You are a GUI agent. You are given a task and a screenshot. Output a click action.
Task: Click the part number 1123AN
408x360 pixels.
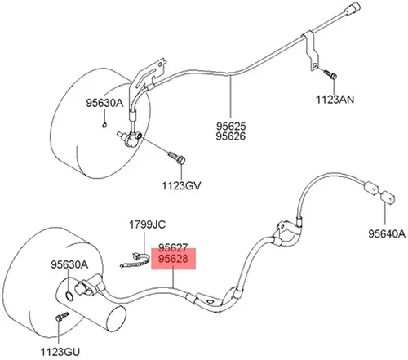pyautogui.click(x=335, y=100)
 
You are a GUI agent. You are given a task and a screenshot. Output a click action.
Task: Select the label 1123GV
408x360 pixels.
pyautogui.click(x=181, y=185)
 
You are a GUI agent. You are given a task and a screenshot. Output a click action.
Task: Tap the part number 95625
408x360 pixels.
pyautogui.click(x=231, y=127)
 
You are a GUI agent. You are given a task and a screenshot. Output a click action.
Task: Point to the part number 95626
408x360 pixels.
pyautogui.click(x=231, y=136)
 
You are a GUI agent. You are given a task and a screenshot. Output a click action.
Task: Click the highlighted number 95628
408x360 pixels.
pyautogui.click(x=173, y=259)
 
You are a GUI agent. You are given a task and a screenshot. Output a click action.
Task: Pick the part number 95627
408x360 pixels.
pyautogui.click(x=173, y=248)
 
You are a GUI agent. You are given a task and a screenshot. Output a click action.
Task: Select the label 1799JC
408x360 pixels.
pyautogui.click(x=147, y=224)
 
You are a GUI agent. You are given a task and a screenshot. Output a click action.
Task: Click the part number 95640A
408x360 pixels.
pyautogui.click(x=387, y=233)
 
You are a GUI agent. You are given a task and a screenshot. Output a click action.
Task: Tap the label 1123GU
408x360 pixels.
pyautogui.click(x=60, y=352)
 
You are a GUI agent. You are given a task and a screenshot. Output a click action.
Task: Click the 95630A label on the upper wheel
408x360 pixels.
pyautogui.click(x=104, y=103)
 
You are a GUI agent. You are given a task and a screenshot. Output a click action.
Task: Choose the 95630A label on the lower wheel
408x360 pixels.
pyautogui.click(x=69, y=264)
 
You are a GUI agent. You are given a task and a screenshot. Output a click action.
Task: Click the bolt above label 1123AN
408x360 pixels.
pyautogui.click(x=330, y=74)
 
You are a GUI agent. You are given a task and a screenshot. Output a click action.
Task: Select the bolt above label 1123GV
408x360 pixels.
pyautogui.click(x=176, y=158)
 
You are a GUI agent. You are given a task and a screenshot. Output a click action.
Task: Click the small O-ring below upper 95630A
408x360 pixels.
pyautogui.click(x=104, y=125)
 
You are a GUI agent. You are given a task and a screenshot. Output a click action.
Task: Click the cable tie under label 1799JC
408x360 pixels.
pyautogui.click(x=135, y=261)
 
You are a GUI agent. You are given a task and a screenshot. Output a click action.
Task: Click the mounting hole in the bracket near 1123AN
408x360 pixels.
pyautogui.click(x=315, y=65)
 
